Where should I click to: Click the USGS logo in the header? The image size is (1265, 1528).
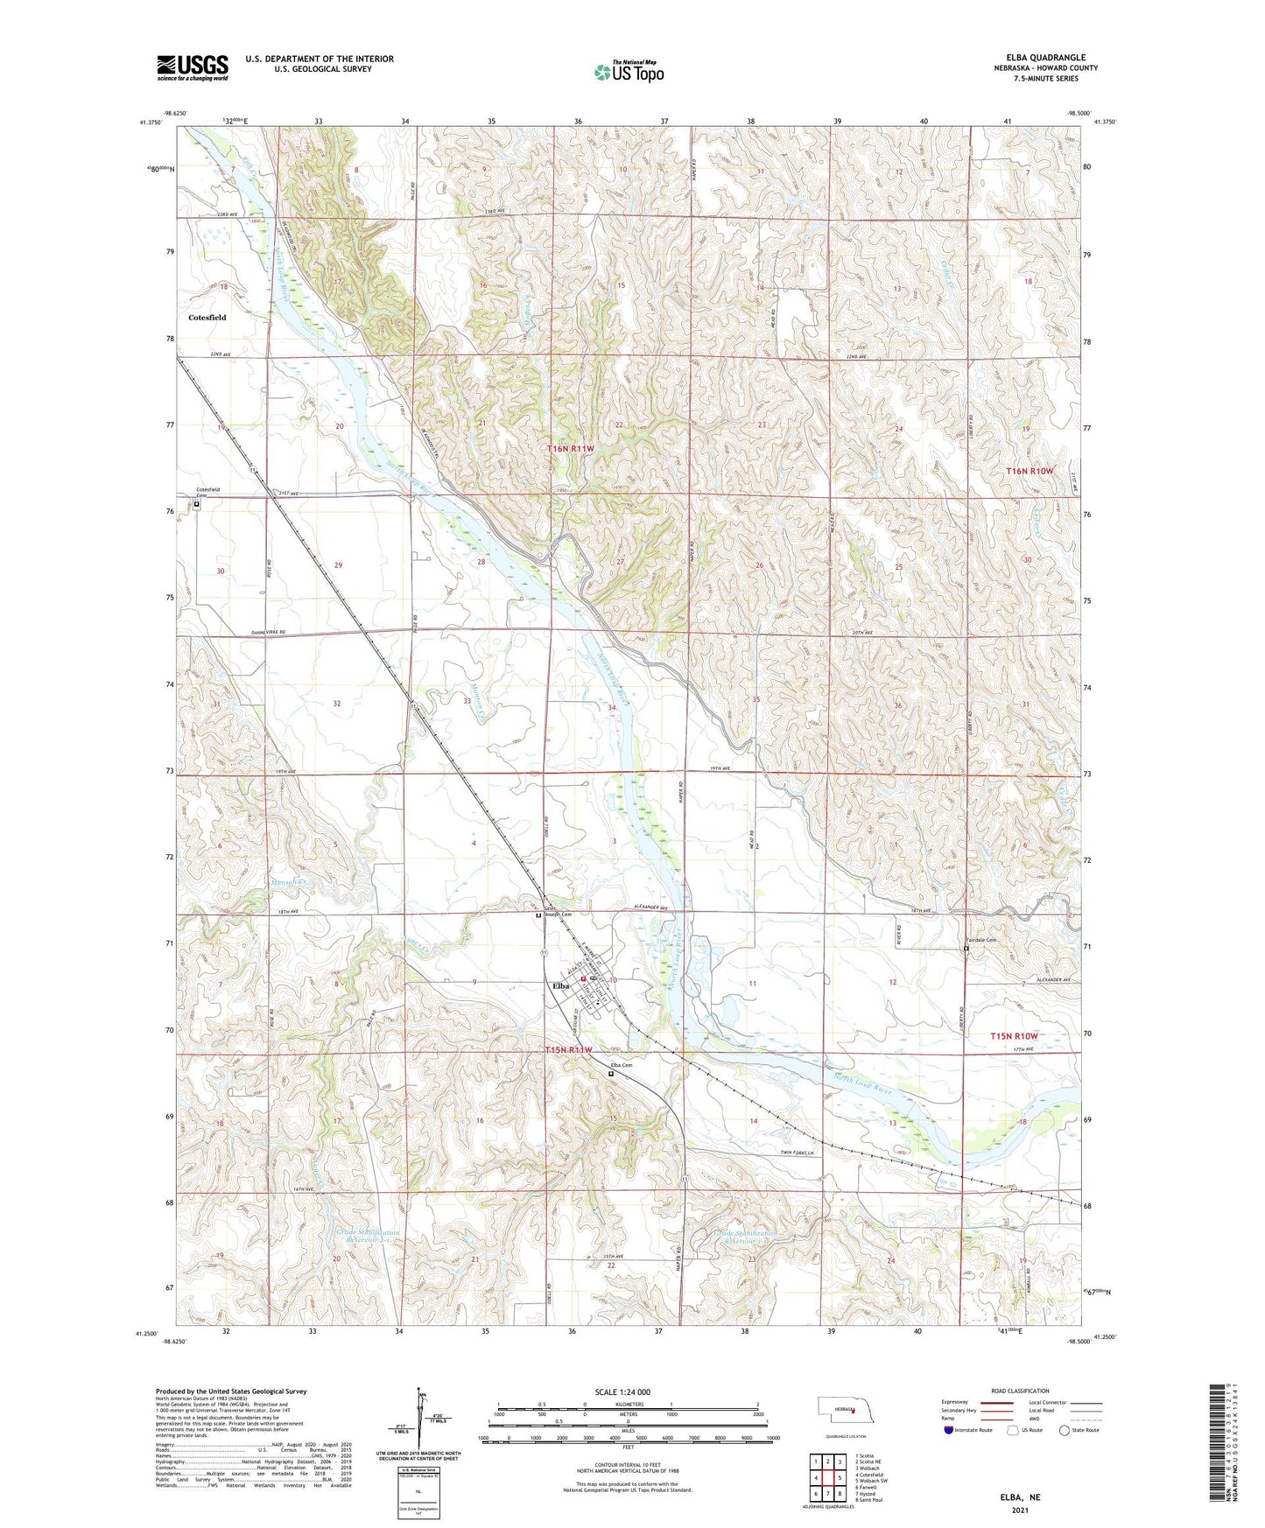pos(193,67)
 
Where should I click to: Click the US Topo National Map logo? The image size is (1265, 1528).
pos(629,72)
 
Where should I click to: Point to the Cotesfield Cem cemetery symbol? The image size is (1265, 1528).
pos(197,504)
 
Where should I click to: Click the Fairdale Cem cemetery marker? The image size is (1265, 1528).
pos(966,949)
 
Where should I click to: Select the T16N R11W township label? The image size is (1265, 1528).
pos(571,448)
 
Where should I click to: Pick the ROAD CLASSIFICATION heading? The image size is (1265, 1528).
pos(1020,1391)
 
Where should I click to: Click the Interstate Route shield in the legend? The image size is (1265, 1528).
pos(951,1430)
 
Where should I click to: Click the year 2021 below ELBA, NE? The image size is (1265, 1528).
pos(1021,1510)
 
